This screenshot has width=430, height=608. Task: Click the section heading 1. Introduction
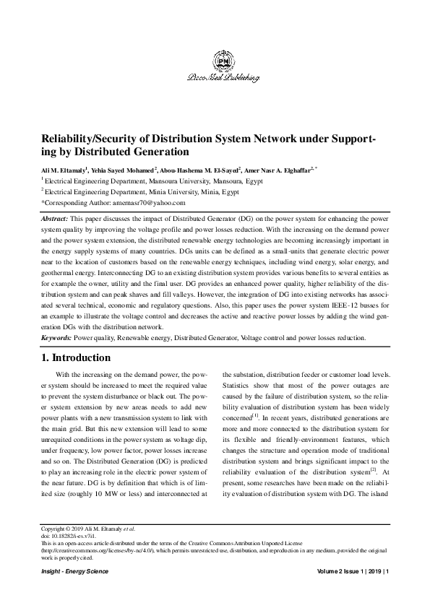click(x=75, y=357)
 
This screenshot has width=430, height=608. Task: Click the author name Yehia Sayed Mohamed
click(x=119, y=170)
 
